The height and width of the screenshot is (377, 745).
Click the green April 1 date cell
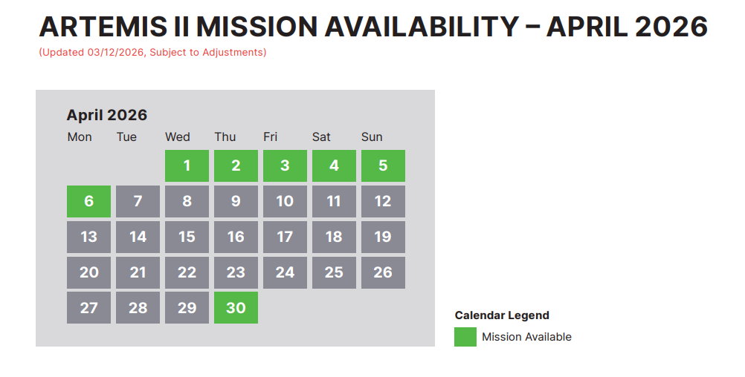(187, 165)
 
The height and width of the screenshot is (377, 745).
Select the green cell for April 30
(236, 307)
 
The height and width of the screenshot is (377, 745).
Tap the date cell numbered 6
(88, 201)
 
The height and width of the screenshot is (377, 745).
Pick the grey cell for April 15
(187, 237)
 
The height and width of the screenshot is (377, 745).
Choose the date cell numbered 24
(285, 272)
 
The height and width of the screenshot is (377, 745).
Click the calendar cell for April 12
(383, 201)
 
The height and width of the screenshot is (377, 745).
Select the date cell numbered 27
(88, 307)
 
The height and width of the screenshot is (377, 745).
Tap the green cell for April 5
(383, 165)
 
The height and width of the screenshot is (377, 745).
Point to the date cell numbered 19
(383, 237)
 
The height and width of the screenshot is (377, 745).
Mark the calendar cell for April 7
(138, 201)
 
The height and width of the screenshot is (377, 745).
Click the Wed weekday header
(178, 137)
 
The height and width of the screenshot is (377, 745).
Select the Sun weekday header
(372, 137)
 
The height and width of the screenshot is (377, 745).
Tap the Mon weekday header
(80, 137)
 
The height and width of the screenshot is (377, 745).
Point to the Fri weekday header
(271, 137)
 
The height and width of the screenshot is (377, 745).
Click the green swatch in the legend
(465, 337)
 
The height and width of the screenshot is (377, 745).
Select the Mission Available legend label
(526, 337)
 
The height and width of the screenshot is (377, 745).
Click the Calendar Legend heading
(502, 315)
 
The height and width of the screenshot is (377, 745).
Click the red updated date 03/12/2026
(115, 53)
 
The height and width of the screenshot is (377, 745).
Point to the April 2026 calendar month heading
(107, 115)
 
